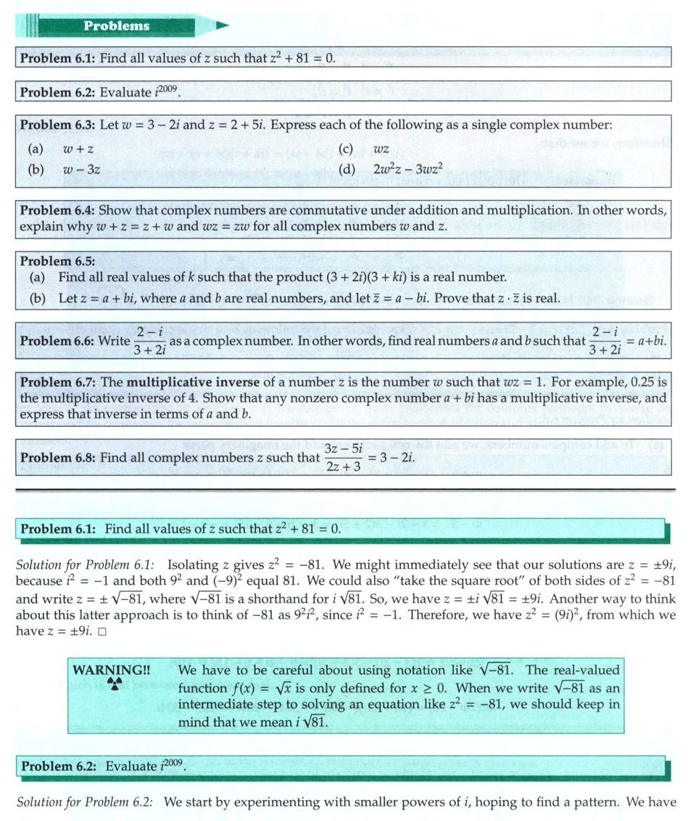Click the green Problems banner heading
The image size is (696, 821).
click(x=116, y=26)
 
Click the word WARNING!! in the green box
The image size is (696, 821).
click(x=110, y=670)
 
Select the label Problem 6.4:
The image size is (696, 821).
click(x=57, y=210)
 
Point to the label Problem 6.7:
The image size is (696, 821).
click(x=57, y=382)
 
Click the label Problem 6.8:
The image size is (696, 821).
click(x=57, y=458)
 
